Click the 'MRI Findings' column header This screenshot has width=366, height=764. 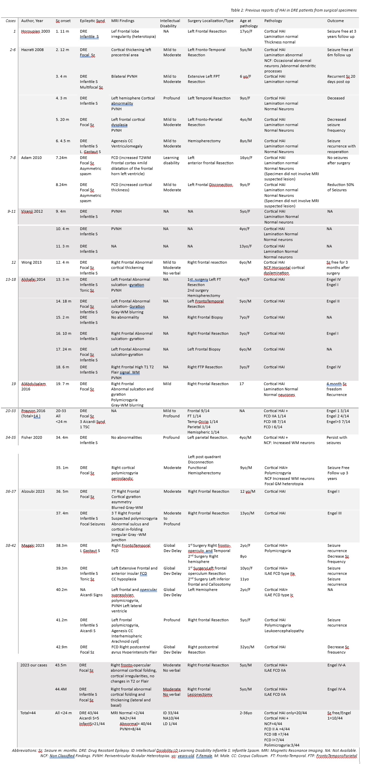pos(123,21)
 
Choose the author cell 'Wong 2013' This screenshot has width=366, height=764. pos(31,263)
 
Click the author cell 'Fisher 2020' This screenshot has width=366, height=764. pos(31,438)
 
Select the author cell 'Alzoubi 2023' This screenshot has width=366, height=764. pos(33,491)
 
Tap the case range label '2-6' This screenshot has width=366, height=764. pos(12,50)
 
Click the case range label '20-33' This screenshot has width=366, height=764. pos(11,411)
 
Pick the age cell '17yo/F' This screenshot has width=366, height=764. pos(246,31)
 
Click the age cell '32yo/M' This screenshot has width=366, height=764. pos(247,647)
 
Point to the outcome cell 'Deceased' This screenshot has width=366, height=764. pos(336,98)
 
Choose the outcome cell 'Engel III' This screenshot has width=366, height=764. pos(334,513)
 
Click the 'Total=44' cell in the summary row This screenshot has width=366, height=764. pos(28,713)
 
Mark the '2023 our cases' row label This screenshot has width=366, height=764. pos(34,665)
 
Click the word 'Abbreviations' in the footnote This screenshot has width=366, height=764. pos(24,750)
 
